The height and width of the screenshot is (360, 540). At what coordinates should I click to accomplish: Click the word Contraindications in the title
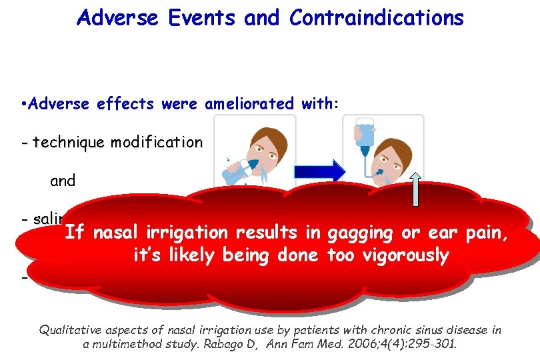(376, 18)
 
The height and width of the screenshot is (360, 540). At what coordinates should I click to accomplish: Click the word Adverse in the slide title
(116, 18)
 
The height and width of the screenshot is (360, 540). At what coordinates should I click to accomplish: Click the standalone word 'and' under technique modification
(63, 181)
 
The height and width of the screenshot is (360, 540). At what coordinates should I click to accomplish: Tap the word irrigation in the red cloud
(183, 233)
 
